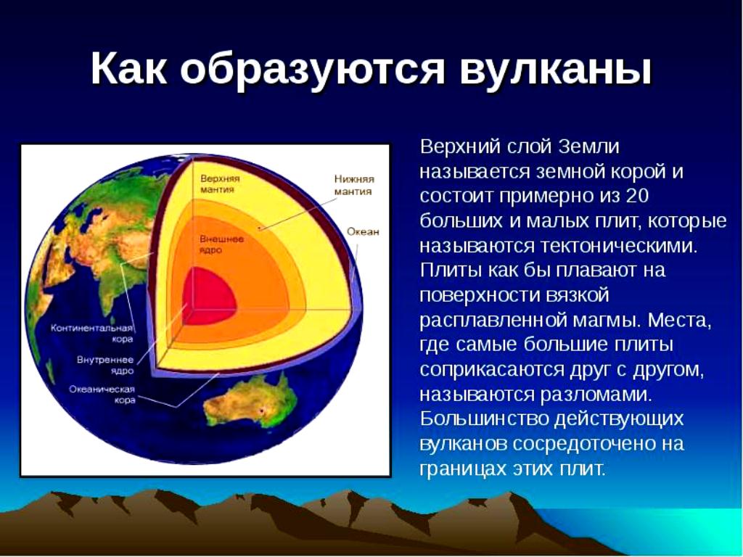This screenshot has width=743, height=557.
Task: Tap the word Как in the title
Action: pyautogui.click(x=128, y=68)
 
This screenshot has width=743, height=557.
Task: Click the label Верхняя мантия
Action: pyautogui.click(x=220, y=183)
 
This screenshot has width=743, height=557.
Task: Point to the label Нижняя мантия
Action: pyautogui.click(x=354, y=185)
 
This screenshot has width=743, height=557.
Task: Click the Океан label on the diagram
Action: pyautogui.click(x=363, y=231)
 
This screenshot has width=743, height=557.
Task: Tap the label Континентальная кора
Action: pyautogui.click(x=92, y=334)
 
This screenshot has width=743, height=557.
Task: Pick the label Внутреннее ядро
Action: pyautogui.click(x=105, y=366)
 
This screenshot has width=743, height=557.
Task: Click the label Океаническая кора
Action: pyautogui.click(x=102, y=395)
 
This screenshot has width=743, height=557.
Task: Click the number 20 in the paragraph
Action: pyautogui.click(x=637, y=196)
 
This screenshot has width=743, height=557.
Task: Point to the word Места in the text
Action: pyautogui.click(x=679, y=320)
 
